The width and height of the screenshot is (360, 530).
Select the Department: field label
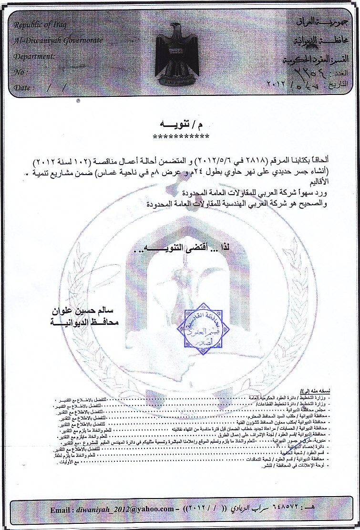click(x=34, y=56)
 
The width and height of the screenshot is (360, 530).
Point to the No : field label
click(x=20, y=72)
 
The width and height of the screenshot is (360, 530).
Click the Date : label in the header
click(x=24, y=88)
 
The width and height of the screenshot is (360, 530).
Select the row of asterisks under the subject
click(x=181, y=137)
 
